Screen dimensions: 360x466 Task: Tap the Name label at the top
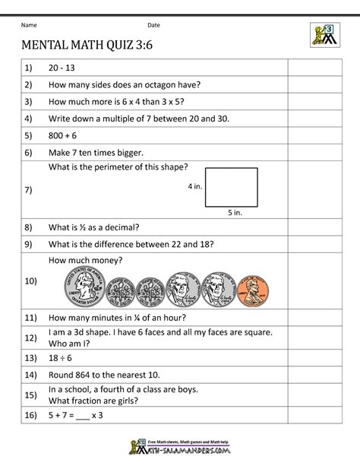[28, 25]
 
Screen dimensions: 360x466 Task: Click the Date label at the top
[153, 25]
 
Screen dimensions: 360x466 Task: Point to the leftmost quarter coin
[82, 290]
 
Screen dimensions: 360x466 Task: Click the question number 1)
[29, 68]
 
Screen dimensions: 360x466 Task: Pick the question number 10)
[31, 281]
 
